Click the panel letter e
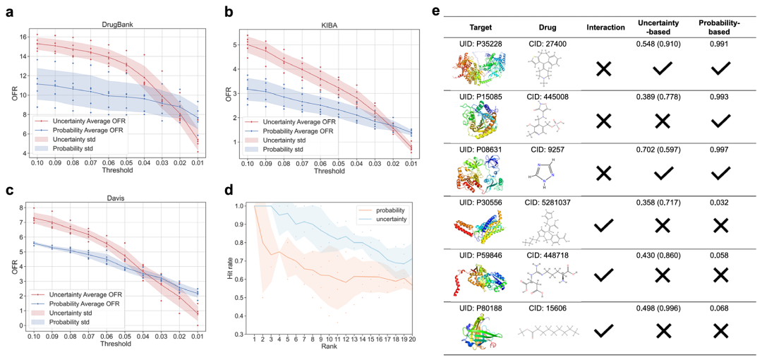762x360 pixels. [x=436, y=12]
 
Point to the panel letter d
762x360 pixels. [x=228, y=189]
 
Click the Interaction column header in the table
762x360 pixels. [x=606, y=28]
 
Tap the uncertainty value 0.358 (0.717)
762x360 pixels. [x=661, y=202]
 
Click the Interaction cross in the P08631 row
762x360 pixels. [x=603, y=173]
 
